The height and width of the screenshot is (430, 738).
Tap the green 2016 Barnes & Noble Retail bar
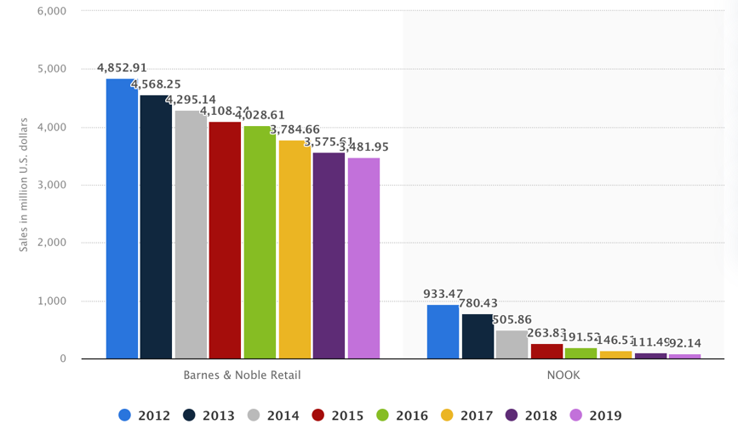click(x=260, y=243)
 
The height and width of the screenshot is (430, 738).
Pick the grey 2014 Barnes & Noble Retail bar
click(x=191, y=235)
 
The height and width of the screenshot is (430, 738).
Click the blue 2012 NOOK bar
click(x=443, y=332)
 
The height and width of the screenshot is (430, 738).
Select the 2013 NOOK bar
click(x=478, y=336)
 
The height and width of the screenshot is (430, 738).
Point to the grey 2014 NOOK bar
click(x=512, y=345)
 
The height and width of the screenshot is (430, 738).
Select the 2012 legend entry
click(x=145, y=416)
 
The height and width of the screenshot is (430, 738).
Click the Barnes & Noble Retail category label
click(x=242, y=375)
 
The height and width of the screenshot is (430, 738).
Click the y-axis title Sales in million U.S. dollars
click(x=23, y=185)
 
